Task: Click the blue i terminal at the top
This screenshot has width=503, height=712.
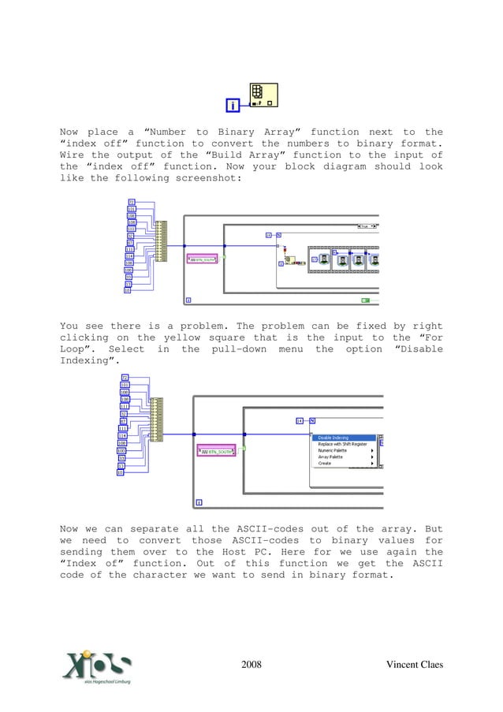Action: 233,105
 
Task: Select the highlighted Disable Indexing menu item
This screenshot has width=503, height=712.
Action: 333,438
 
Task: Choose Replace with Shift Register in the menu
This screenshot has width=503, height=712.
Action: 342,444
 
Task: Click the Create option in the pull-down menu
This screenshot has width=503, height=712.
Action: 325,463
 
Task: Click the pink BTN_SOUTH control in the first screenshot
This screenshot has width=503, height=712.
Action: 202,258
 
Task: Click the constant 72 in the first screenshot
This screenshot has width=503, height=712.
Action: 131,202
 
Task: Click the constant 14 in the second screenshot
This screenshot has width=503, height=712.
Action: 300,420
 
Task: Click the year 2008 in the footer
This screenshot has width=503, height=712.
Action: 251,665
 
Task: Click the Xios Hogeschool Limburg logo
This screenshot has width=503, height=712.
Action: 97,665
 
